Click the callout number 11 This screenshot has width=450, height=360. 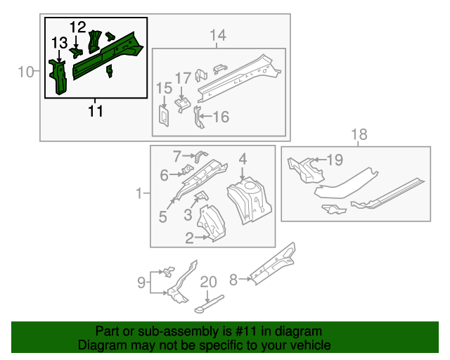(96, 110)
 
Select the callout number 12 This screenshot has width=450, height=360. (78, 27)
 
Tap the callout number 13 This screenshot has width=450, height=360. (59, 46)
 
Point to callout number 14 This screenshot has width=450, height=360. (217, 35)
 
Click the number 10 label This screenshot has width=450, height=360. (26, 71)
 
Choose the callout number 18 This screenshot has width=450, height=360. (359, 134)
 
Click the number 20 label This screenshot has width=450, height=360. (209, 282)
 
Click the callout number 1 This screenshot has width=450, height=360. (140, 193)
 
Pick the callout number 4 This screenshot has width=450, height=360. (242, 160)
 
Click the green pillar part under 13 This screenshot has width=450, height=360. (58, 77)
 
